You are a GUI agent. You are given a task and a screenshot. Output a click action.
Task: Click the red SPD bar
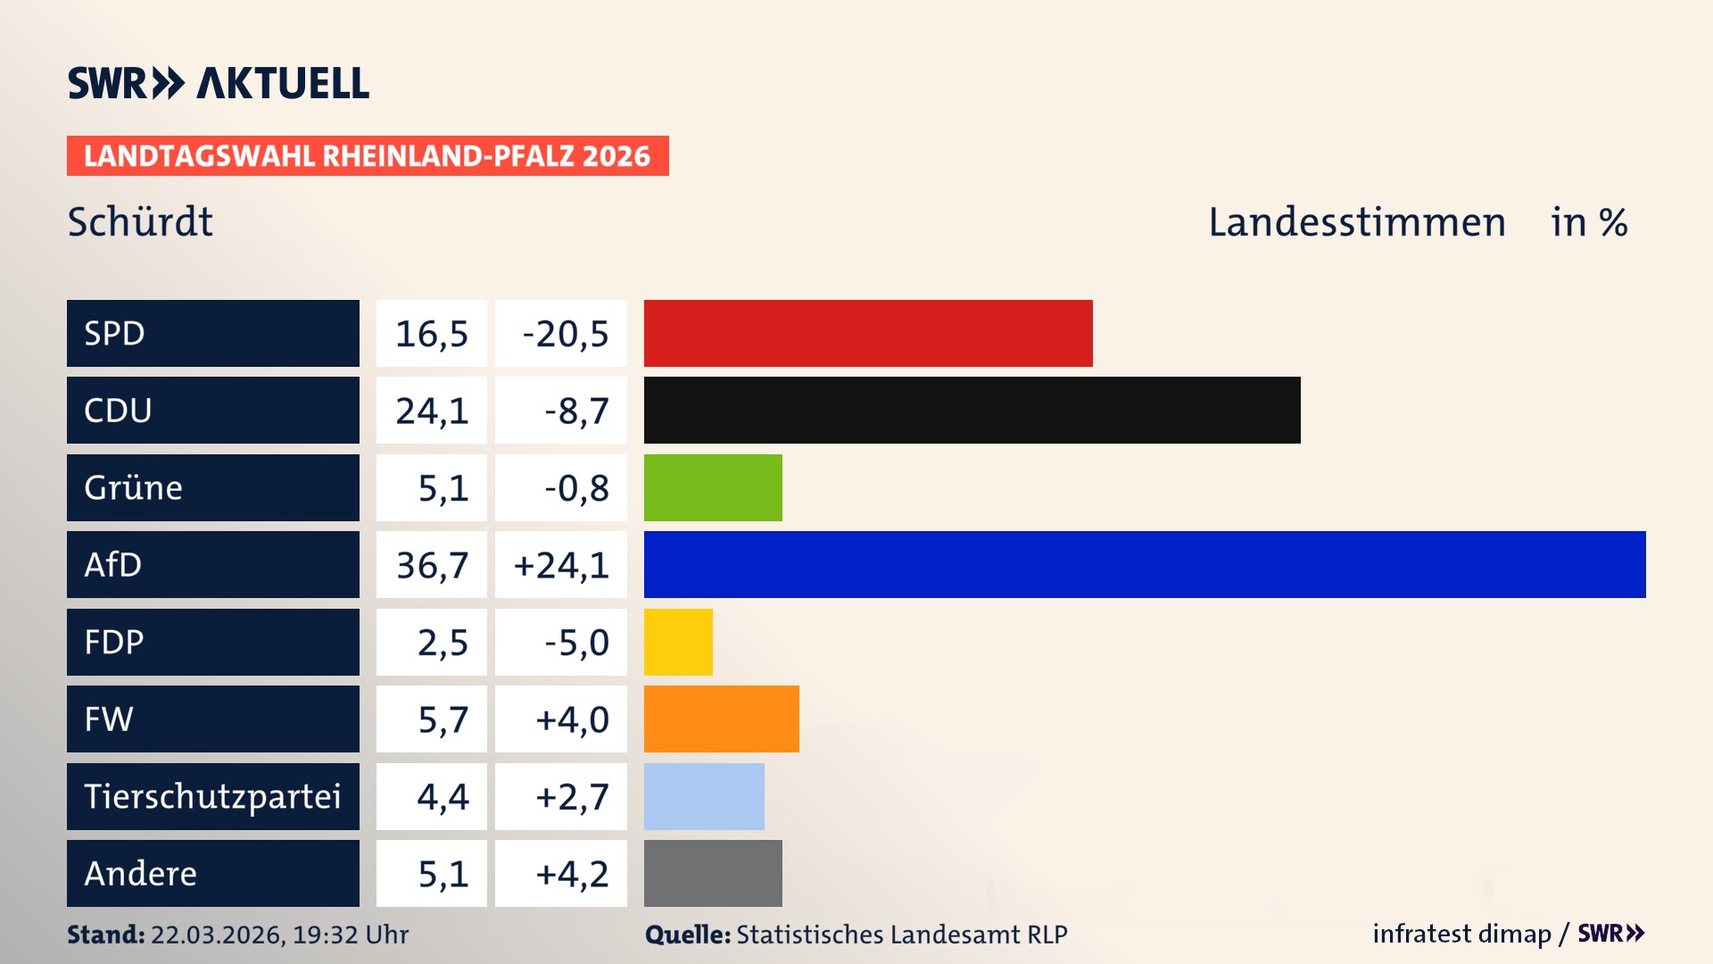[868, 333]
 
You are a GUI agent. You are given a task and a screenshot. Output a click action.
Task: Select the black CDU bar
[972, 411]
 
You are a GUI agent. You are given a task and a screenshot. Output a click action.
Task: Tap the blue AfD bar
[1145, 564]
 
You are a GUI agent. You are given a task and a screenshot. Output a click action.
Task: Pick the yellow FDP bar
[678, 642]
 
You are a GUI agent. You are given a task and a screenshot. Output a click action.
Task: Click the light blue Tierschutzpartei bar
[704, 796]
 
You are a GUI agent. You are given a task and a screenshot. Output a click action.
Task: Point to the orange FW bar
[721, 719]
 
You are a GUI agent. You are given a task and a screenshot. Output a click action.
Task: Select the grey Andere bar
[713, 873]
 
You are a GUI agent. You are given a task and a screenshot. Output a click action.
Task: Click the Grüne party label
[134, 487]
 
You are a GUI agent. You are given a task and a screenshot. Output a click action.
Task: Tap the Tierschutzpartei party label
[212, 796]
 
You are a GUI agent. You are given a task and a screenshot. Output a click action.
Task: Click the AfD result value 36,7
[432, 565]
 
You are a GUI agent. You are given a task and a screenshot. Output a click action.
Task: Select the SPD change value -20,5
[565, 334]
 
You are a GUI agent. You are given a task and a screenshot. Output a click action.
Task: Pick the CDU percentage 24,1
[432, 411]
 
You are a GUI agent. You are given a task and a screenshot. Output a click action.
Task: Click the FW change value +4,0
[572, 719]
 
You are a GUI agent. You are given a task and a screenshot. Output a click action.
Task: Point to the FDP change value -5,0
[576, 642]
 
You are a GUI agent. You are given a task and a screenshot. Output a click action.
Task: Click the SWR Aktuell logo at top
[218, 83]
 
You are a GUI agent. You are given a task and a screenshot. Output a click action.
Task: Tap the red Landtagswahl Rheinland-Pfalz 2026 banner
[367, 156]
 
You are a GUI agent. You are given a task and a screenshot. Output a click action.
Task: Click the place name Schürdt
[140, 221]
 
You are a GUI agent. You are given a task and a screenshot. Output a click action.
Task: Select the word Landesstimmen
[1356, 221]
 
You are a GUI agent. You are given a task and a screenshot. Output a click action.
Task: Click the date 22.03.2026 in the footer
[217, 935]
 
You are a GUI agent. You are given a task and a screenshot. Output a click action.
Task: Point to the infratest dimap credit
[1461, 934]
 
